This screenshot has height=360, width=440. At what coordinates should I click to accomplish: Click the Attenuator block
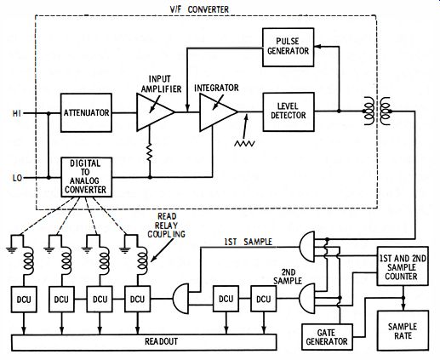click(86, 112)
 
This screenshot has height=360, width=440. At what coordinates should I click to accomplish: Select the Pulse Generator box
click(288, 47)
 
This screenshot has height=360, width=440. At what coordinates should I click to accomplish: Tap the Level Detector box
click(289, 111)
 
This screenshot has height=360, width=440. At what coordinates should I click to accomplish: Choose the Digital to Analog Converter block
click(87, 177)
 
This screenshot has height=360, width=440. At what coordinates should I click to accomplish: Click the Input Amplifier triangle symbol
click(155, 112)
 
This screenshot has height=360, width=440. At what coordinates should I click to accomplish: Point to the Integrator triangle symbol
click(218, 112)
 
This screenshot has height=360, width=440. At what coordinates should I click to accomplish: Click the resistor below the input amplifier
click(150, 152)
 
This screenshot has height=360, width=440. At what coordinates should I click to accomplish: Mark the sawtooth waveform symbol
click(244, 144)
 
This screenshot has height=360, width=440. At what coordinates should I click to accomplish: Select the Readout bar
click(144, 342)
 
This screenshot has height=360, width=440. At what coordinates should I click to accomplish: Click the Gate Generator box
click(327, 337)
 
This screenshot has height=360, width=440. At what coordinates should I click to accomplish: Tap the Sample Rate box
click(403, 331)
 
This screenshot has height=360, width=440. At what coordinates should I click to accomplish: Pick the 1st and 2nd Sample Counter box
click(403, 266)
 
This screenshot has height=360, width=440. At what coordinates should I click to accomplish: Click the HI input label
click(16, 114)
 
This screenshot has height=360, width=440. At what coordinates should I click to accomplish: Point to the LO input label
click(17, 178)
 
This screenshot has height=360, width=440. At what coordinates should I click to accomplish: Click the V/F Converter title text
click(199, 9)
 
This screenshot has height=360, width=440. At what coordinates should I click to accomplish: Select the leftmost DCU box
click(24, 300)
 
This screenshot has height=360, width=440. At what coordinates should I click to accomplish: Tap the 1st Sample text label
click(249, 242)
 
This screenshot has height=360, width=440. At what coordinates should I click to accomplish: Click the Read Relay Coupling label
click(167, 226)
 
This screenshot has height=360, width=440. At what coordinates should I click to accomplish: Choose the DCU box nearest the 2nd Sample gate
click(264, 299)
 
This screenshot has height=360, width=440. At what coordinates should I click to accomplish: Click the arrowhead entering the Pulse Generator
click(317, 46)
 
